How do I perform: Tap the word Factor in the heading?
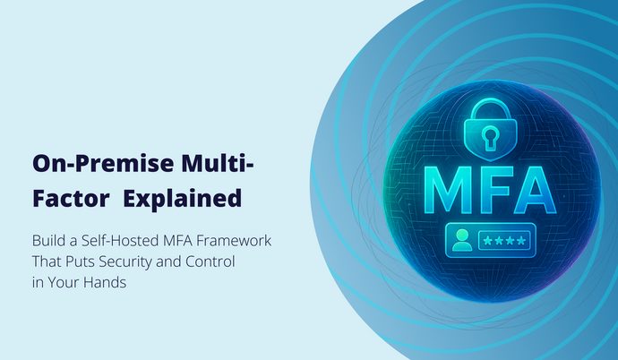point(68,198)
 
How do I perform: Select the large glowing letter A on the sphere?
point(531,184)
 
